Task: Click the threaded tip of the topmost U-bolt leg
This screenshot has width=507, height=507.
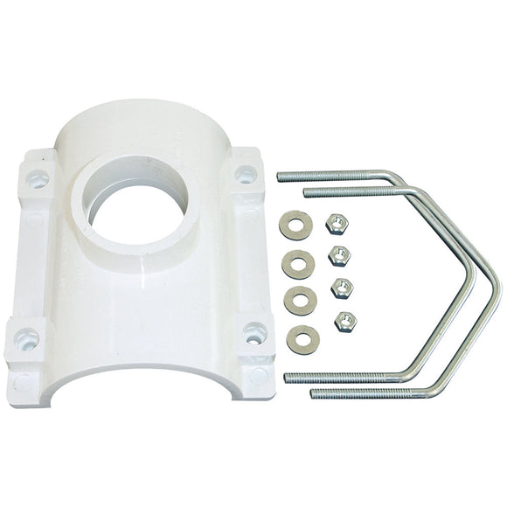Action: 284,177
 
